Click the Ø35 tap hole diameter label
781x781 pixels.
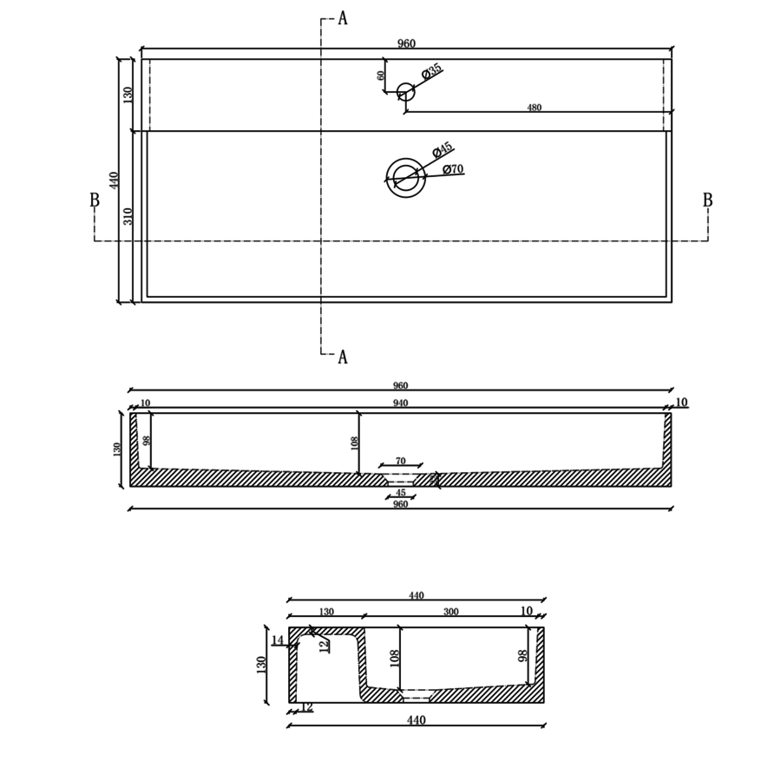tap(432, 71)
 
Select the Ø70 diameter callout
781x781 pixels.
tap(453, 170)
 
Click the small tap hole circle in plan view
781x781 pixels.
tap(405, 92)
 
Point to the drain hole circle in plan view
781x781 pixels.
tap(405, 178)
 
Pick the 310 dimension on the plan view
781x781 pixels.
tap(128, 216)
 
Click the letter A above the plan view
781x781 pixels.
tap(343, 18)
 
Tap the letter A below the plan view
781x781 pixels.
tap(343, 358)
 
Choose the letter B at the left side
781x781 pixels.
tap(95, 201)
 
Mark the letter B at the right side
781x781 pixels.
tap(707, 201)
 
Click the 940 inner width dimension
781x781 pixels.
tap(400, 404)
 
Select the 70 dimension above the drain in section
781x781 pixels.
tap(400, 462)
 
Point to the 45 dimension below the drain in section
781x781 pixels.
tap(400, 493)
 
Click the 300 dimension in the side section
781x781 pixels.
tap(451, 612)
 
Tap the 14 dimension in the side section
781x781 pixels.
tap(278, 641)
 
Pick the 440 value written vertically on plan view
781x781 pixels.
tap(114, 180)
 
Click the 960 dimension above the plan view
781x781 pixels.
tap(406, 44)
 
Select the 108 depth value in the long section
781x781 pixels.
tap(354, 443)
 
